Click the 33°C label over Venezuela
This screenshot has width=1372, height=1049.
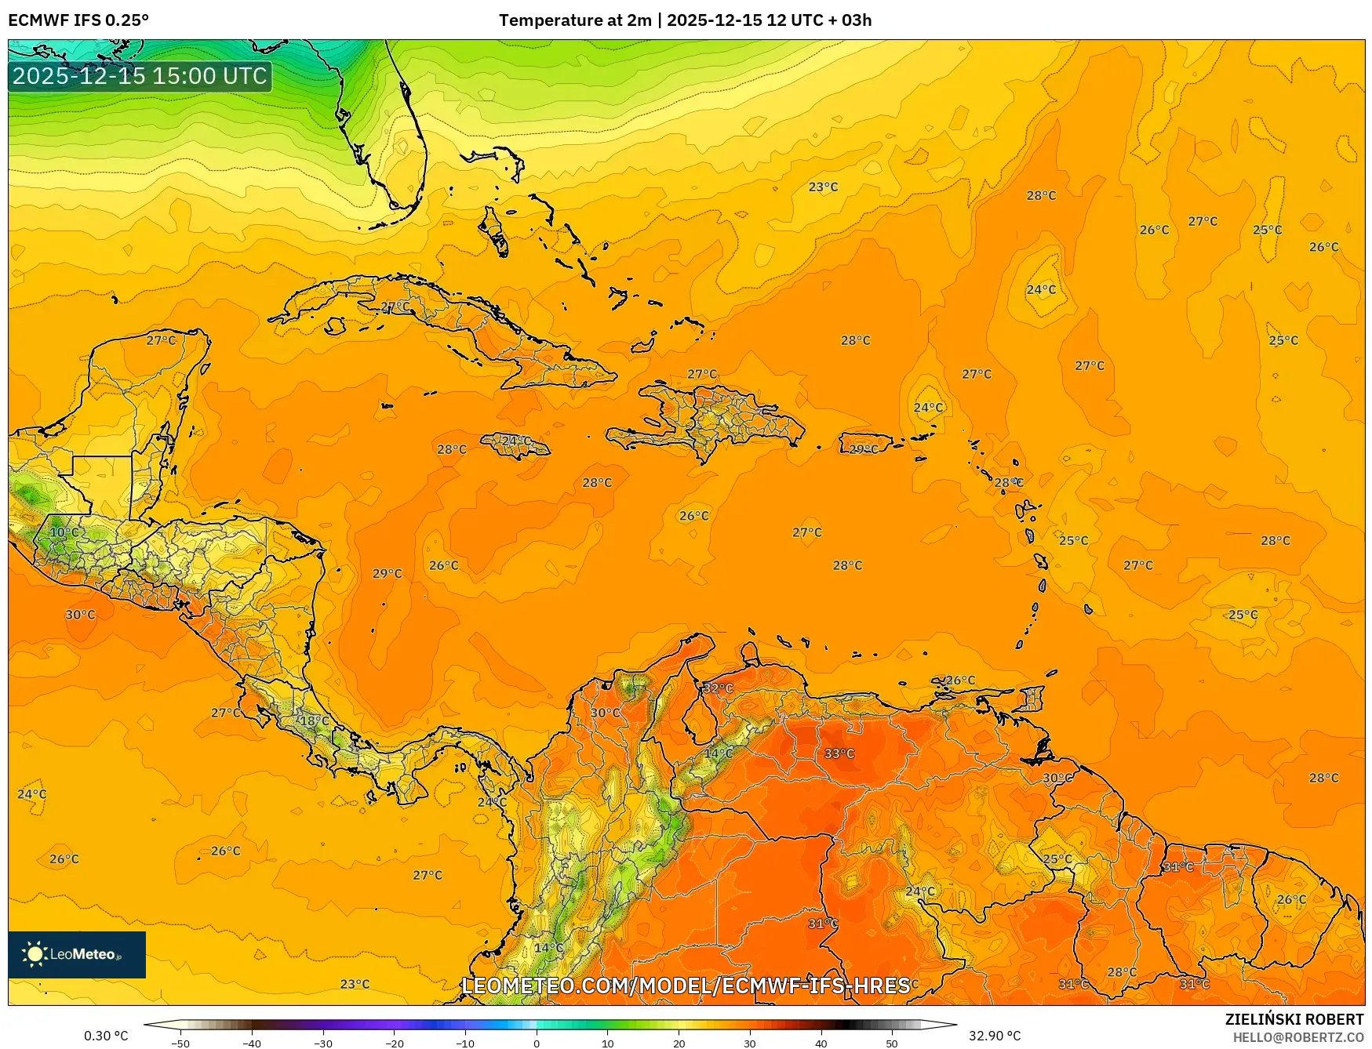(x=839, y=753)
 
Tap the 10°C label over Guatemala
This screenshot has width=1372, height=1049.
(x=64, y=532)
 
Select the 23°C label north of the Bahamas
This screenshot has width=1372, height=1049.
(x=823, y=187)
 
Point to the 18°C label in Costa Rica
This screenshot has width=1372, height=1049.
(x=315, y=721)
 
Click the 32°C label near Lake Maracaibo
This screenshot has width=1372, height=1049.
(x=717, y=688)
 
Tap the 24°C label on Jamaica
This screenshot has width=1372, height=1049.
(x=515, y=441)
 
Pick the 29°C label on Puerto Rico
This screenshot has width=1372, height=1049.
(x=864, y=449)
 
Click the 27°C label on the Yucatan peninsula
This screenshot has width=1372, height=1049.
(x=161, y=340)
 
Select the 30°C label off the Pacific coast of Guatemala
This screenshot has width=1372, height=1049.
(x=80, y=615)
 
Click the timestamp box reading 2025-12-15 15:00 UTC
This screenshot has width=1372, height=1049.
(x=140, y=76)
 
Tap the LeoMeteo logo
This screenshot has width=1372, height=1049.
(x=77, y=954)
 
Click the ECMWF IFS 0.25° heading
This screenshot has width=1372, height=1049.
(x=78, y=20)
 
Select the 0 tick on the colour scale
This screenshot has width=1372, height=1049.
(x=537, y=1043)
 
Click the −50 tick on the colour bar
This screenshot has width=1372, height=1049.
(x=180, y=1043)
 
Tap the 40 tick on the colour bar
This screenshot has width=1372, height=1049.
(x=821, y=1043)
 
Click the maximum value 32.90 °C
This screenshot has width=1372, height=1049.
(x=994, y=1036)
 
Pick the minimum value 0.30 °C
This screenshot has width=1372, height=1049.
(x=106, y=1036)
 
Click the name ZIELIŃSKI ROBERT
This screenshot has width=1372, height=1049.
(x=1294, y=1019)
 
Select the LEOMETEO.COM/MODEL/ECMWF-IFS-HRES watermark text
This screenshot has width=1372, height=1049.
(x=686, y=985)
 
